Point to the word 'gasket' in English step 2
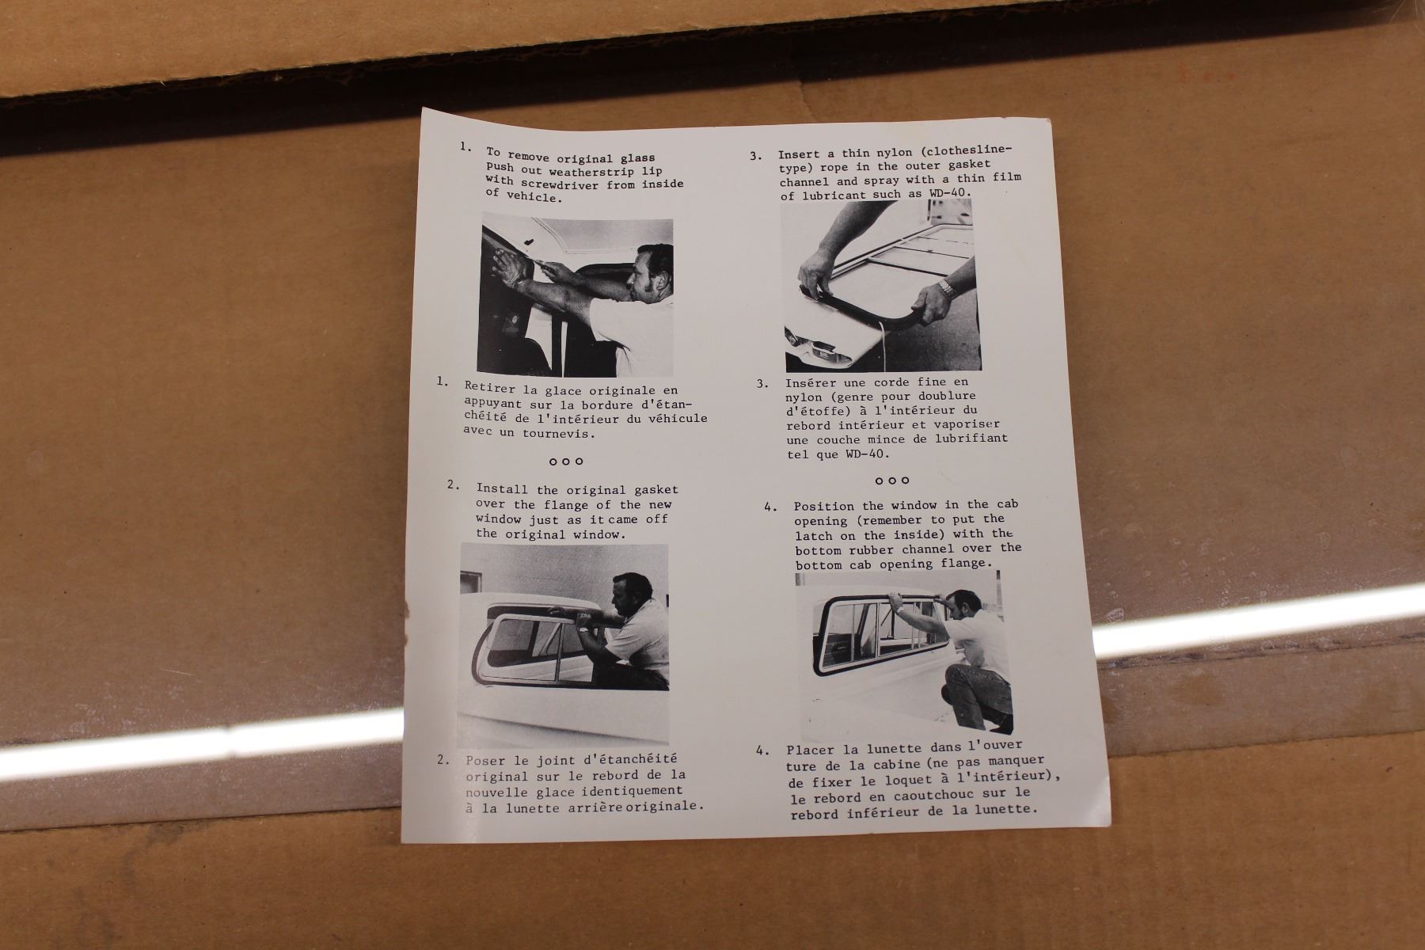click(654, 490)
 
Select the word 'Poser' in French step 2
click(484, 760)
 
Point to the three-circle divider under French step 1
click(566, 461)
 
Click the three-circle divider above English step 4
click(892, 481)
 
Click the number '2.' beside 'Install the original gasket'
click(453, 485)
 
